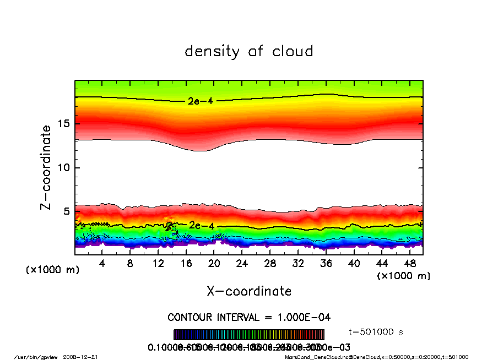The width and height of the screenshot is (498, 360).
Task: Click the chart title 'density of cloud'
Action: pyautogui.click(x=249, y=51)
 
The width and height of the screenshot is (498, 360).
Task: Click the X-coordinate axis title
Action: pyautogui.click(x=249, y=291)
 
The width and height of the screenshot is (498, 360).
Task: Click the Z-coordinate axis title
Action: pyautogui.click(x=46, y=167)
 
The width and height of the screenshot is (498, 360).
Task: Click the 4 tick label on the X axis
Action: pyautogui.click(x=102, y=264)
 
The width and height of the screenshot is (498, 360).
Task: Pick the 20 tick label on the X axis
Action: pyautogui.click(x=214, y=264)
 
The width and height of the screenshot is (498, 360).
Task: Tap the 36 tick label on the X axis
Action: pyautogui.click(x=326, y=264)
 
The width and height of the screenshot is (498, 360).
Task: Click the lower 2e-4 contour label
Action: pyautogui.click(x=202, y=225)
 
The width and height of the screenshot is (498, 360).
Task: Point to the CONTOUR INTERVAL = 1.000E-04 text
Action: pyautogui.click(x=249, y=318)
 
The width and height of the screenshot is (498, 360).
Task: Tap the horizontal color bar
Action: pyautogui.click(x=249, y=334)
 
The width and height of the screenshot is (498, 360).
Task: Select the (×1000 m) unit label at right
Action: pyautogui.click(x=403, y=275)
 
